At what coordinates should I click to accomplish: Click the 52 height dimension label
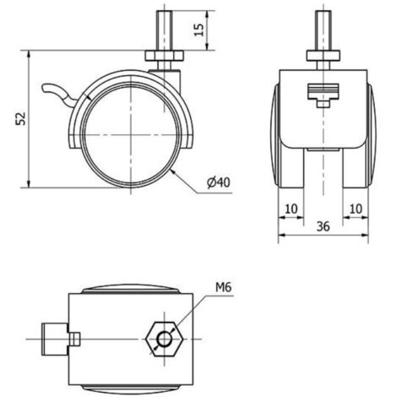pos(20,118)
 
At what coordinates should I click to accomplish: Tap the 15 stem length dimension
pos(198,30)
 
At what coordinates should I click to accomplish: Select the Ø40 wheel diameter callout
pos(219,182)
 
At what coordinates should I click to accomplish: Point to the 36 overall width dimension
pos(323,226)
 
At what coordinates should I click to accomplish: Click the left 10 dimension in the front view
pos(291,209)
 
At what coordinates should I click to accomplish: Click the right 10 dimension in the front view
pos(356,209)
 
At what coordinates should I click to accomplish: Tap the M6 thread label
pos(223,287)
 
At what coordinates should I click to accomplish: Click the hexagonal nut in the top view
pos(165,339)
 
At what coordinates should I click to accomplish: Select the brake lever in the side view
pos(60,93)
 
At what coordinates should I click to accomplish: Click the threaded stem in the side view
pos(164,30)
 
